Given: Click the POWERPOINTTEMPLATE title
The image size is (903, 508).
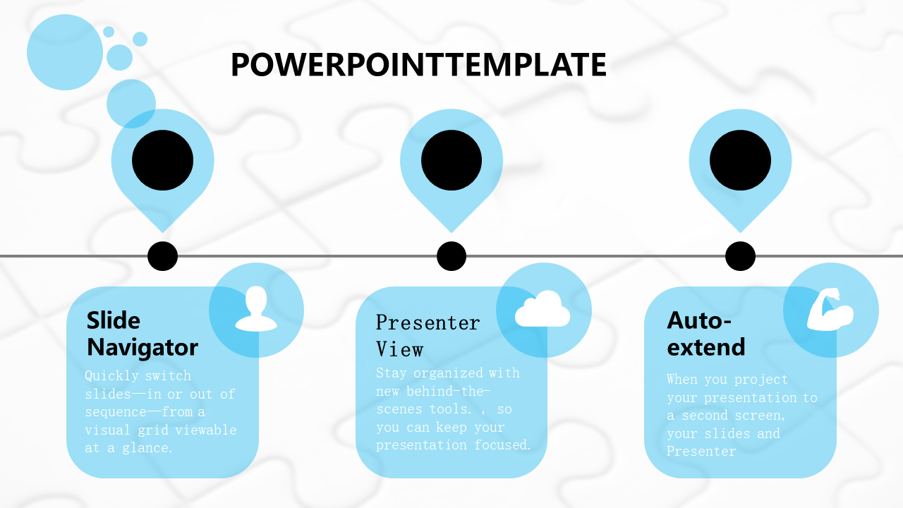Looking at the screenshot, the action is tap(418, 64).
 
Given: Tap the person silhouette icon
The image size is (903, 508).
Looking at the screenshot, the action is tap(256, 309).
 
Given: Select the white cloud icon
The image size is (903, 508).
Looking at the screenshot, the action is tap(543, 309).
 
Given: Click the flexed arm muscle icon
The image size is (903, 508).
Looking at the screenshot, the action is tap(830, 309).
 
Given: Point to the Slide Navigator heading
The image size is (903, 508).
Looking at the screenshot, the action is tap(143, 334).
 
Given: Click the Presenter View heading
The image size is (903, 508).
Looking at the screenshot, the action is tap(428, 335).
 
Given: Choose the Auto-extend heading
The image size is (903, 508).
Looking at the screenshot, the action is tap(706, 334).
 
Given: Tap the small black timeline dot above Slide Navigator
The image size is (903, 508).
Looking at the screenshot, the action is tap(162, 256).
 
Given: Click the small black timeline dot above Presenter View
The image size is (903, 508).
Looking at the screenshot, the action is tap(451, 256).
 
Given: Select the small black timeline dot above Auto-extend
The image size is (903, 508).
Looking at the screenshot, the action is tap(740, 256).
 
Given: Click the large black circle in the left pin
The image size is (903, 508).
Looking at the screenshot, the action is tap(162, 160).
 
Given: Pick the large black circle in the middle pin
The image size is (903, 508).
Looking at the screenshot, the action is tap(451, 160).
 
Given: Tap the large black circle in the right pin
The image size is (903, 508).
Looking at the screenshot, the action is tap(740, 160).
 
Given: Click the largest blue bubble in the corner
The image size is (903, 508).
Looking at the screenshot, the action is tap(65, 52).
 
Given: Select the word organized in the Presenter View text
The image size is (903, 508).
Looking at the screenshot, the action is tap(448, 373).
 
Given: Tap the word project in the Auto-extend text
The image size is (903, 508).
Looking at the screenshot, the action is tap(761, 380).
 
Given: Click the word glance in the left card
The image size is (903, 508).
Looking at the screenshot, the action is tap(147, 448).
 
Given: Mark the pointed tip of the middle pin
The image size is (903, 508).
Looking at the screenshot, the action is tap(451, 232).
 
